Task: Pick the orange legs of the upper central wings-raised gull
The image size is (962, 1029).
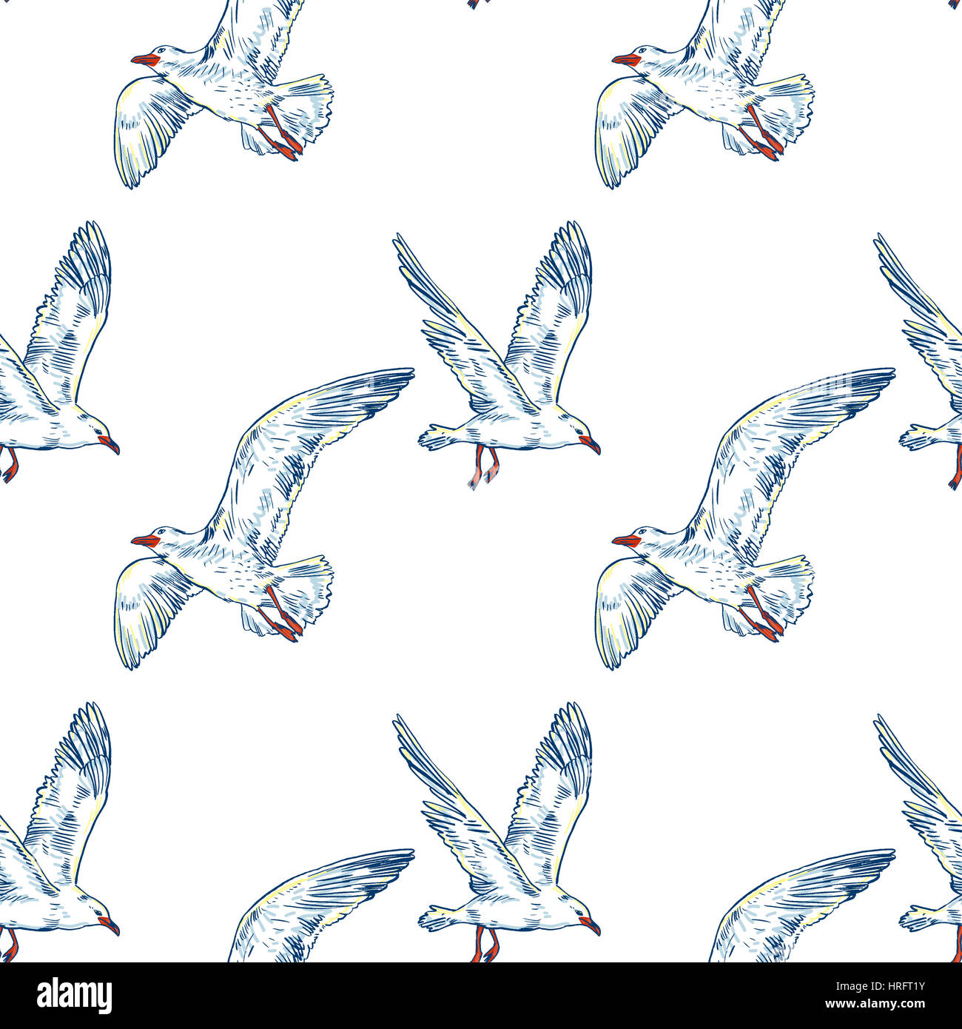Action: tap(482, 466)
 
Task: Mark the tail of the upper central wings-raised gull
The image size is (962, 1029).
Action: tap(433, 438)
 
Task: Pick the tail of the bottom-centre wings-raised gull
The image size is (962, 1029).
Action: tap(433, 919)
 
